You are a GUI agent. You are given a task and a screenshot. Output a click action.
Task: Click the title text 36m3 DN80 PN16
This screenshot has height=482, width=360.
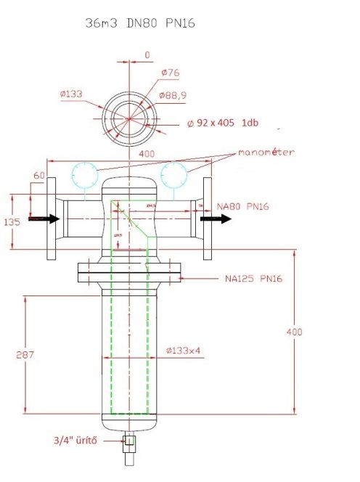coord(139,23)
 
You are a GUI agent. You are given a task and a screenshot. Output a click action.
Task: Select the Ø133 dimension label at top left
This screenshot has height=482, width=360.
coord(73,94)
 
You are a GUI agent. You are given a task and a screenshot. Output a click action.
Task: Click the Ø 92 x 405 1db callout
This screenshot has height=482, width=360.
coord(226,122)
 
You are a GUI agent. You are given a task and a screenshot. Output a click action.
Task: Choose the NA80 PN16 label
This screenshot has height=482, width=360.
coord(243,207)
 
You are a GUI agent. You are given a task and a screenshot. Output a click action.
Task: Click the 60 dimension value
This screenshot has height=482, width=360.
coord(38,176)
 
